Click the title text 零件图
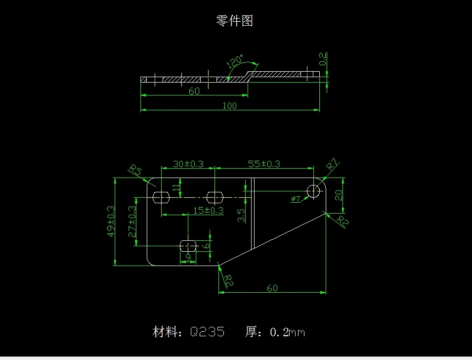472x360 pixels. (x=234, y=21)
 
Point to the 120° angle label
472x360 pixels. (x=235, y=62)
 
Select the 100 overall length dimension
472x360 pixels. (x=229, y=105)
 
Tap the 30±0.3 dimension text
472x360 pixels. (x=188, y=164)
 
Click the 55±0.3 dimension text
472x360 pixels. (x=263, y=164)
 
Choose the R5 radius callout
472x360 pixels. (x=135, y=171)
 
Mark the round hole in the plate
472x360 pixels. (x=314, y=190)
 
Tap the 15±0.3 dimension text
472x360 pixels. (x=208, y=210)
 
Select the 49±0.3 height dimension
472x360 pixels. (x=112, y=222)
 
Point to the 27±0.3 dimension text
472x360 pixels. (x=132, y=222)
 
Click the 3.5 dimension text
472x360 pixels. (x=241, y=215)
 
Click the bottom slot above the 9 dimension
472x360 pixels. (x=188, y=245)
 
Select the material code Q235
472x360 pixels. (x=207, y=332)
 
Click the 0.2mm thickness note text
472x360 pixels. (x=287, y=332)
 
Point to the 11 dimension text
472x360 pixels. (x=175, y=187)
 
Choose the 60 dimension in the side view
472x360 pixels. (x=194, y=91)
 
